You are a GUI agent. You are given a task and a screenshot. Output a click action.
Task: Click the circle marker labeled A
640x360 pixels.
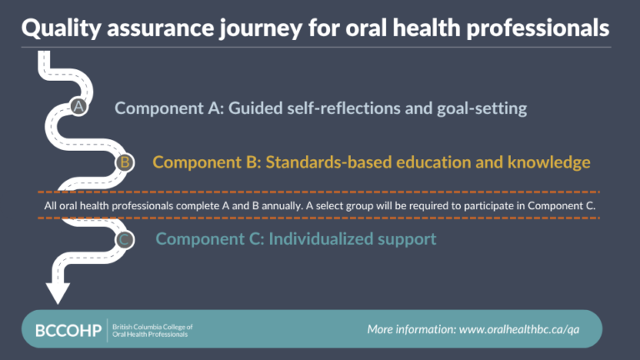coord(77,107)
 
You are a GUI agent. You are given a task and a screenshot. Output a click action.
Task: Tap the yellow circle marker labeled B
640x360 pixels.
coord(124,162)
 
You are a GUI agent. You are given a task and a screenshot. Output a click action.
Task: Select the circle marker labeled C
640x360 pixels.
coord(124,240)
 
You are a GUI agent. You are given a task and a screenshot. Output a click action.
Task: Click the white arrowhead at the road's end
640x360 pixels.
coord(57,292)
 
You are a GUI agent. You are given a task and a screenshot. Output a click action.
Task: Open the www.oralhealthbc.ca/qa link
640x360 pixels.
coord(519,329)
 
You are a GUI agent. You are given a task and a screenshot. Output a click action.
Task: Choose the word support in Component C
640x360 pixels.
coord(407,239)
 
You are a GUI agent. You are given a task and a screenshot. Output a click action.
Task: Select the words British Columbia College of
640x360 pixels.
coord(152,326)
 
